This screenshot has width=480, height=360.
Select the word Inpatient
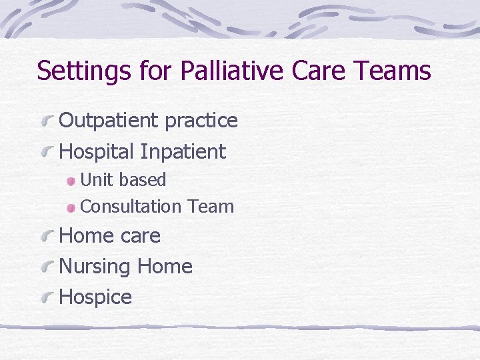(x=183, y=152)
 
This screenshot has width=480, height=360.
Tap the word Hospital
(x=97, y=152)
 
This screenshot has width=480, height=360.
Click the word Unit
(x=97, y=180)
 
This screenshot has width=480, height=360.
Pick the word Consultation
(x=131, y=207)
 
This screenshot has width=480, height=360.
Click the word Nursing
(x=94, y=267)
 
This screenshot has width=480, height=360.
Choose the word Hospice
(x=95, y=297)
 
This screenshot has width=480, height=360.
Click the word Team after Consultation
(x=211, y=207)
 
